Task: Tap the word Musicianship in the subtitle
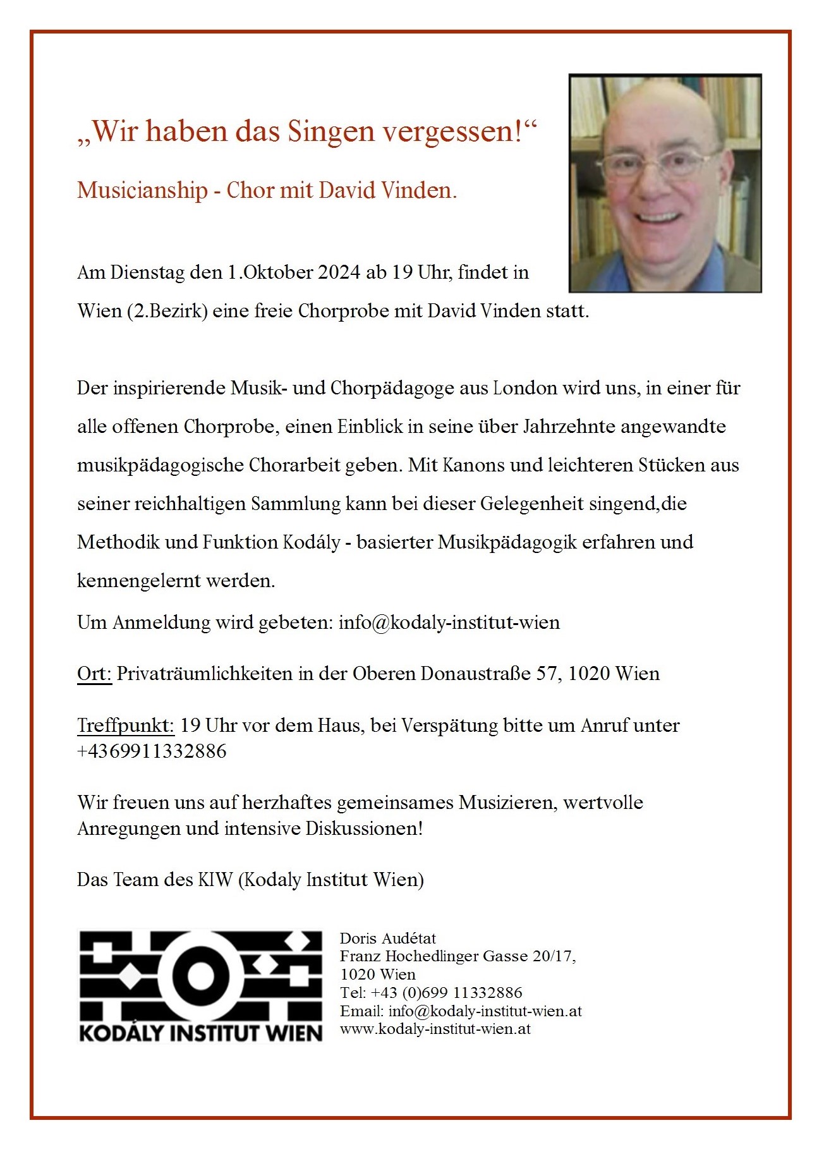(x=142, y=190)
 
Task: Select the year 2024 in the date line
(x=339, y=272)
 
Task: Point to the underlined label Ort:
(x=94, y=674)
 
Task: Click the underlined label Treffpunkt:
(x=125, y=725)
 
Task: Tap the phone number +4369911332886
(x=152, y=751)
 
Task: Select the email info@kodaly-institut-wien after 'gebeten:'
(x=449, y=623)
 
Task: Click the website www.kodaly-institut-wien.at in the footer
(x=435, y=1029)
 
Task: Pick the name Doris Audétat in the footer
(x=388, y=938)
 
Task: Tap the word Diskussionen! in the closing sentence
(x=364, y=828)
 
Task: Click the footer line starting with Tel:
(x=431, y=992)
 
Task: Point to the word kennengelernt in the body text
(x=134, y=581)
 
